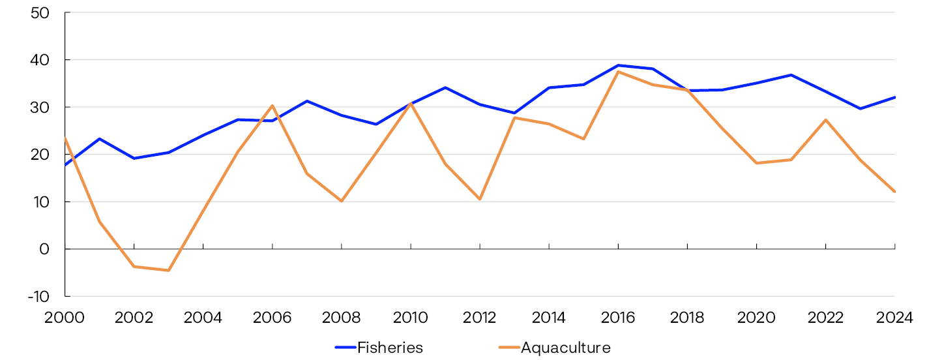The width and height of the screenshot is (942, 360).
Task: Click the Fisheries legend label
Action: coord(390,348)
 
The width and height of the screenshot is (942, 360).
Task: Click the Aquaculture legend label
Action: coord(565,348)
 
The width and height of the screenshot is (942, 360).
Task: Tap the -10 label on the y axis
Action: coord(38,297)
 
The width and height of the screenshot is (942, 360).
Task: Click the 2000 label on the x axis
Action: coord(65,318)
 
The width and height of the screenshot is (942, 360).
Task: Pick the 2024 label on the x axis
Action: coord(894,318)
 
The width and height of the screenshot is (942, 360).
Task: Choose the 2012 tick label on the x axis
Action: coord(480,318)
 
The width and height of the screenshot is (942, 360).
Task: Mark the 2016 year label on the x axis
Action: coord(618,318)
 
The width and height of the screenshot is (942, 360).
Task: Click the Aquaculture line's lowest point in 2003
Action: coord(169,270)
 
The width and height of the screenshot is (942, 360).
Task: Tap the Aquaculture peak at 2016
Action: coord(618,72)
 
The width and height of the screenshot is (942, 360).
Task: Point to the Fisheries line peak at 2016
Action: coord(618,65)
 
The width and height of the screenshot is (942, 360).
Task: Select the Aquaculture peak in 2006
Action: coord(272,106)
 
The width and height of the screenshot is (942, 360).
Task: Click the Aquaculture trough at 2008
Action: coord(342,201)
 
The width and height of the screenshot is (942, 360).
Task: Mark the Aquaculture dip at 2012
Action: coord(480,199)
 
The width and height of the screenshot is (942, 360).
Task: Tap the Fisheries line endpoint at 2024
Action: coord(894,97)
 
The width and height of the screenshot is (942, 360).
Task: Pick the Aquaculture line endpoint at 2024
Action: coord(894,192)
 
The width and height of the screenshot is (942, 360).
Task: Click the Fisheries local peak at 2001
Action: coord(100,139)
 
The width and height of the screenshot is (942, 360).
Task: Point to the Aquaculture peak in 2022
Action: coord(825,120)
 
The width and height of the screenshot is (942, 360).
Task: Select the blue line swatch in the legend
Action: coord(345,348)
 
